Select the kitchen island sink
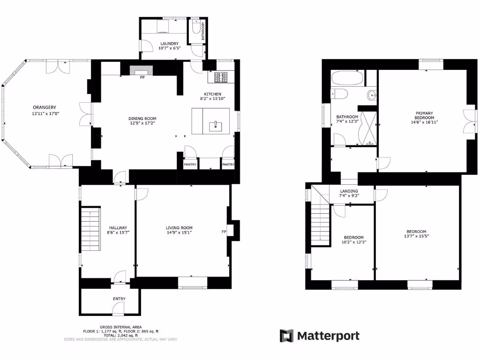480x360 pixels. (215, 125)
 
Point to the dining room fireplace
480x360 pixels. (141, 70)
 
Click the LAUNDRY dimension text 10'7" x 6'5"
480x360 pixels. (169, 48)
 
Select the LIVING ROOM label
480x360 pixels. (179, 227)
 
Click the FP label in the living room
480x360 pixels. (224, 232)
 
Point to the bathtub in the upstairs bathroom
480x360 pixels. (346, 78)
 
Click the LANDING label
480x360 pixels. (349, 191)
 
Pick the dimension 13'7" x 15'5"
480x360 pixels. (416, 236)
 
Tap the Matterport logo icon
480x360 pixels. (286, 336)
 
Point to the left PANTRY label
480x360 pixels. (190, 165)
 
